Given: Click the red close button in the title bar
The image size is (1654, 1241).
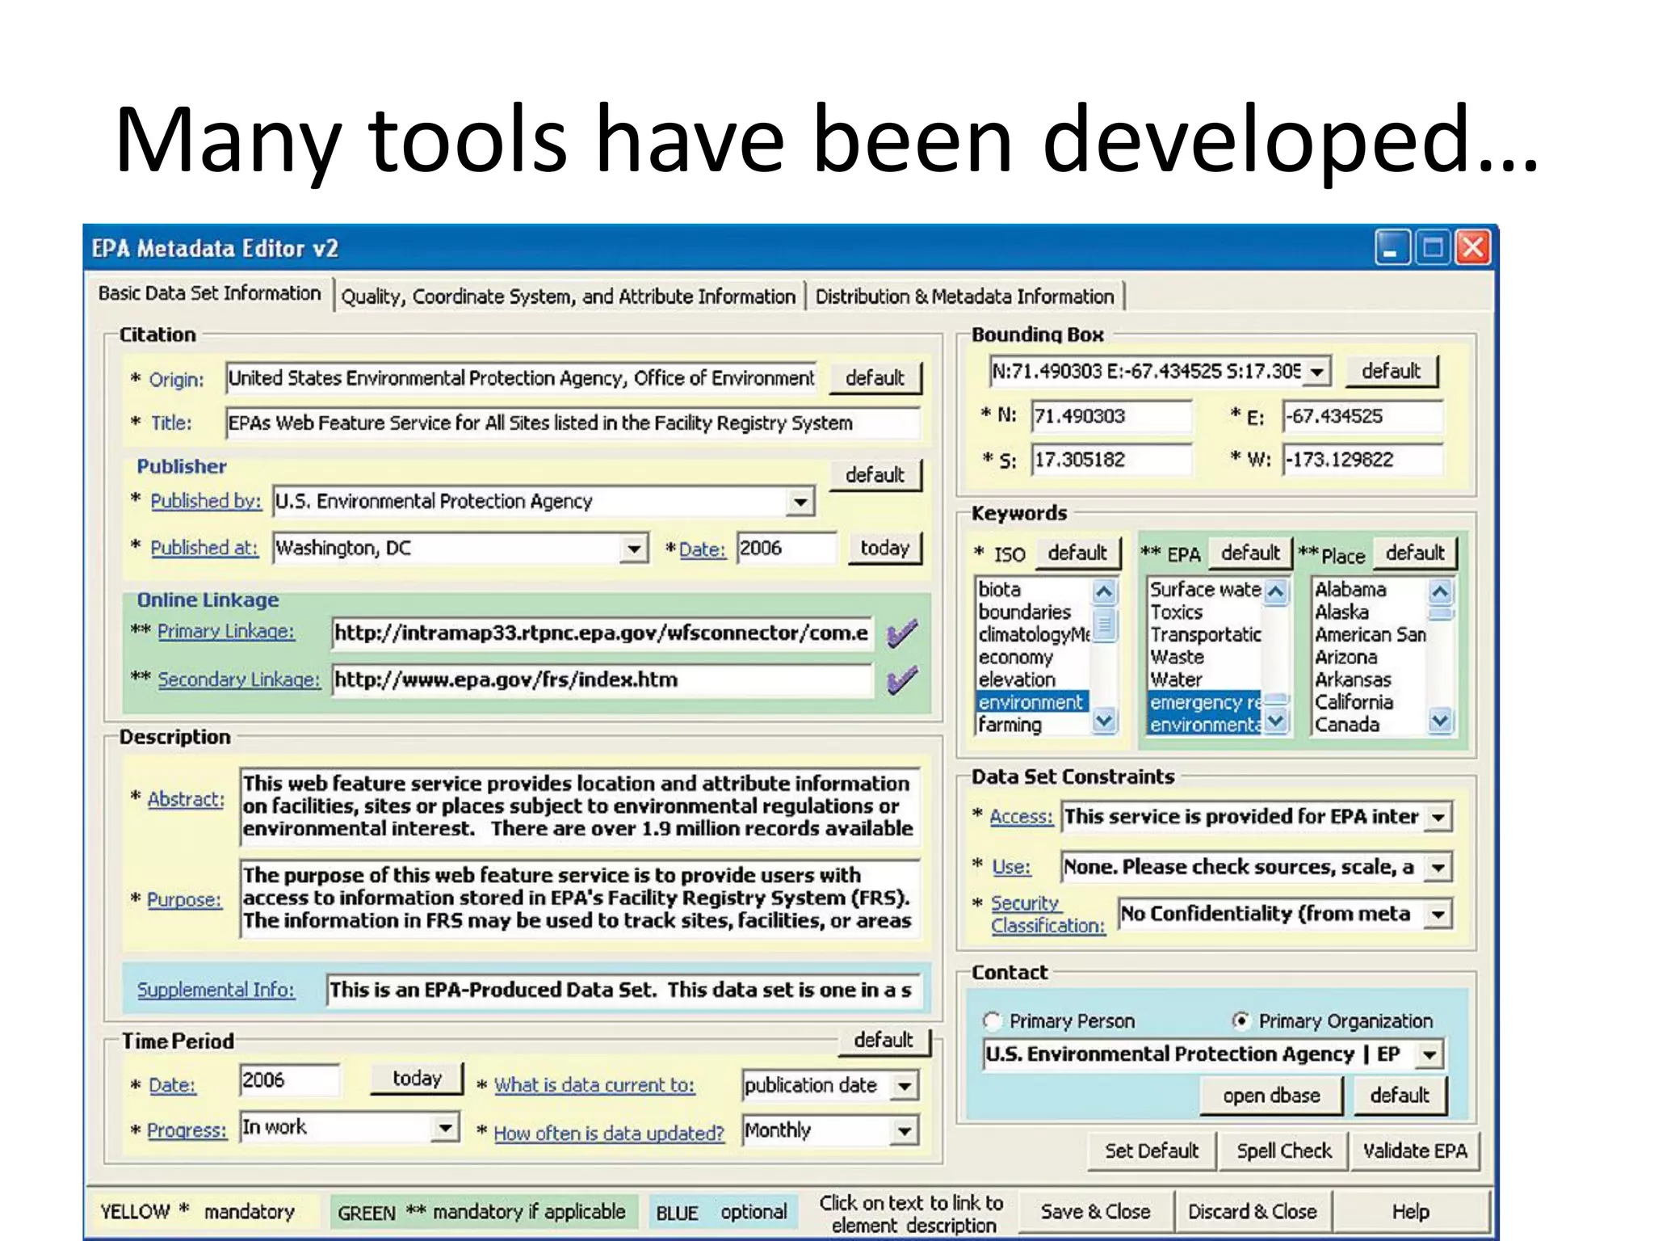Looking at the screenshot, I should click(x=1472, y=247).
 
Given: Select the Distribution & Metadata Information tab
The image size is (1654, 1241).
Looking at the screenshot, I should click(x=964, y=297).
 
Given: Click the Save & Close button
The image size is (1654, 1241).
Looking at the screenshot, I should click(x=1095, y=1212).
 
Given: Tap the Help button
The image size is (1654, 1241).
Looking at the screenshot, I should click(x=1410, y=1212).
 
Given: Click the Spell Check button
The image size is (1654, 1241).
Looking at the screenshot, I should click(x=1283, y=1151).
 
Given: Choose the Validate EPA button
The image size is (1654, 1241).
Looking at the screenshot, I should click(x=1415, y=1151).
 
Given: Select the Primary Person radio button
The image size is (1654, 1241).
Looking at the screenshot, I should click(x=993, y=1020).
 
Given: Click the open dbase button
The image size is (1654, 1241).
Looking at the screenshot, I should click(x=1271, y=1096).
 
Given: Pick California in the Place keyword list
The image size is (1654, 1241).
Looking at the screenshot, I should click(x=1354, y=702).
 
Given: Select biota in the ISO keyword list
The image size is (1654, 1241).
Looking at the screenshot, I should click(x=1000, y=589).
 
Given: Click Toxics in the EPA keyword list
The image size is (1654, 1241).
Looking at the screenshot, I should click(x=1176, y=612).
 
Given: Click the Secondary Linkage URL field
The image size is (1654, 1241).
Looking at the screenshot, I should click(x=602, y=679).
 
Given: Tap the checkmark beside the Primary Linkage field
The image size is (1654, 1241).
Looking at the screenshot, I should click(x=901, y=633).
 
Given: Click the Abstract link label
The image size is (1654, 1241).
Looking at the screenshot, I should click(x=186, y=799).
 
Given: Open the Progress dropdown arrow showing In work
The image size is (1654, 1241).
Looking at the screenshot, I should click(x=445, y=1127).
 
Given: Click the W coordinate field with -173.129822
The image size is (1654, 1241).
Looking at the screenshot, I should click(x=1362, y=460).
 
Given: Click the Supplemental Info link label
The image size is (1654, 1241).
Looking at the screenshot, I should click(x=216, y=990).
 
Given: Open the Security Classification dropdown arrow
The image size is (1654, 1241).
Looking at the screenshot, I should click(x=1438, y=915).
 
